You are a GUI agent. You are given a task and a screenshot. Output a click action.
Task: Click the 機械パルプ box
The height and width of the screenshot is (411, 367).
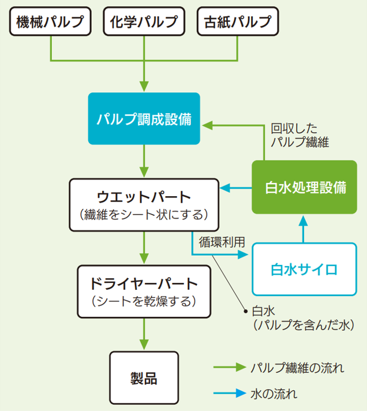pos(51,22)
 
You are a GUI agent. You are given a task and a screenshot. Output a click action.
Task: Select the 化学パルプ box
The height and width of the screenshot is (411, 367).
pos(144,22)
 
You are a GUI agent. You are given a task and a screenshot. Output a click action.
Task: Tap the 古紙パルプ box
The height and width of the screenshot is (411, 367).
pos(238,22)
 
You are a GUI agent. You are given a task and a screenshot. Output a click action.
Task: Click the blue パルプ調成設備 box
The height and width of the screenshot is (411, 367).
pos(144,119)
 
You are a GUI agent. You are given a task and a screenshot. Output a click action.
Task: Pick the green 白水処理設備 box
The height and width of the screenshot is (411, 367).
pos(305,188)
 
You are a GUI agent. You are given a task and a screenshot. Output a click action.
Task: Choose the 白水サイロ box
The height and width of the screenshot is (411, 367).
pos(304,270)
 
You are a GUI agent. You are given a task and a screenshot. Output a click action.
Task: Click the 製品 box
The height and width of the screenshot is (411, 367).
pos(144,379)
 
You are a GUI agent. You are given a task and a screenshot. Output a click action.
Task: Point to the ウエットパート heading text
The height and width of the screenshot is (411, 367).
pos(144,196)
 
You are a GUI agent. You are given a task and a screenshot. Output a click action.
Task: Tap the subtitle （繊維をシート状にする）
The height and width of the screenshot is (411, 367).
pos(144,215)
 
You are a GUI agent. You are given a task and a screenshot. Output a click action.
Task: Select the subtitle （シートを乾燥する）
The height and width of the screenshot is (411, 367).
pos(144,301)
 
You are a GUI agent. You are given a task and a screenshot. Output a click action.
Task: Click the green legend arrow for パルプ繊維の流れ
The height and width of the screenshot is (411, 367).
pos(229,367)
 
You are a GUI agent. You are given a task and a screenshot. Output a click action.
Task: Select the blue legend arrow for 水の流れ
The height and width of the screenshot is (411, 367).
pos(229,395)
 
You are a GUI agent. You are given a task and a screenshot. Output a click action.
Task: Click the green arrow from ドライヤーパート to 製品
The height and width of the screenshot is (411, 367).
pos(144,335)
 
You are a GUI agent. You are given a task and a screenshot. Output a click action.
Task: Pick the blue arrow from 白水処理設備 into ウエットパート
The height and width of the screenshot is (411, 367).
pos(236,188)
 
